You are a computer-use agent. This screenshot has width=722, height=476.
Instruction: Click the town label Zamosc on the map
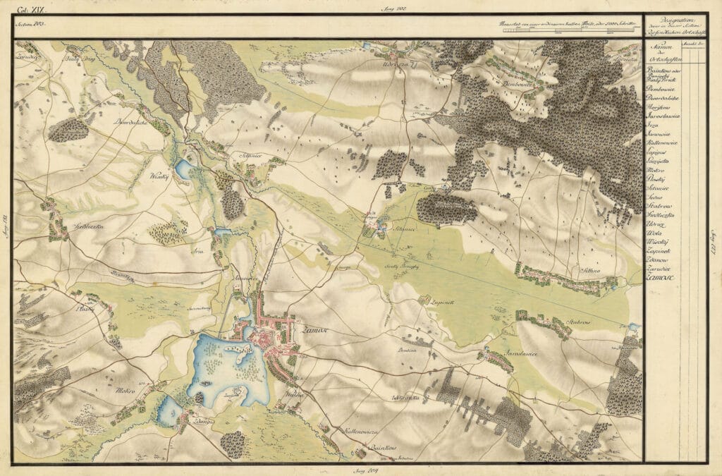(x=311, y=329)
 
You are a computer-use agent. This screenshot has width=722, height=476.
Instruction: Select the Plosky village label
(x=85, y=309)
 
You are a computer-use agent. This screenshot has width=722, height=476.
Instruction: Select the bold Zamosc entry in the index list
(x=660, y=278)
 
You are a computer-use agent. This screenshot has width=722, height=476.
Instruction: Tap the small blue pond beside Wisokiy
(x=183, y=168)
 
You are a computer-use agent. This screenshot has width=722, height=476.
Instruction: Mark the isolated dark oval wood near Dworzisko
(x=69, y=130)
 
